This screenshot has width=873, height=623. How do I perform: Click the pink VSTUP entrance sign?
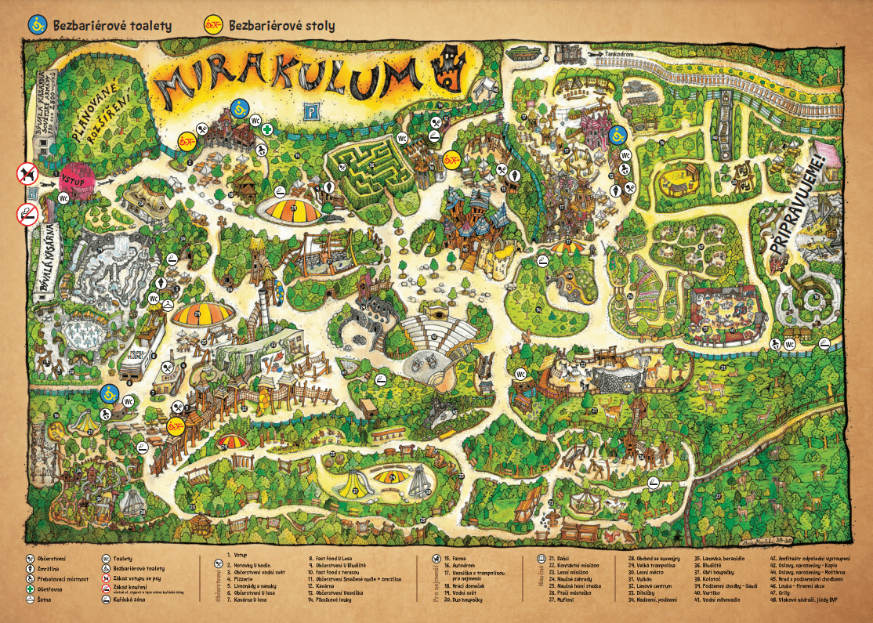[77, 176]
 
